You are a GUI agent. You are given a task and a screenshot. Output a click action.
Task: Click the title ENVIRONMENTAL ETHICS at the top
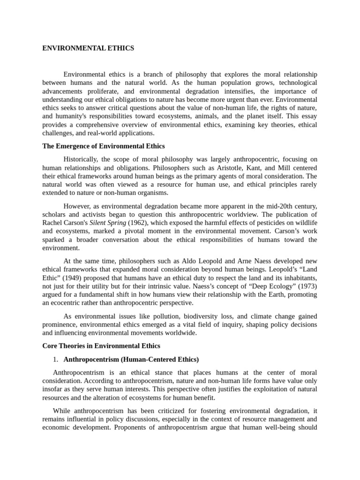(x=88, y=48)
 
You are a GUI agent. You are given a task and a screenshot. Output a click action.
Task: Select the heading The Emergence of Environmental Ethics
(x=103, y=146)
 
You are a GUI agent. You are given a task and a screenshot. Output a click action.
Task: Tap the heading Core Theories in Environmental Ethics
(x=101, y=346)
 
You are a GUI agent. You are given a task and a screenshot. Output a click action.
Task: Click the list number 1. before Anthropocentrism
(x=55, y=360)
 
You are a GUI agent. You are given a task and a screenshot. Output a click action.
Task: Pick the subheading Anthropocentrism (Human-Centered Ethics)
(x=131, y=360)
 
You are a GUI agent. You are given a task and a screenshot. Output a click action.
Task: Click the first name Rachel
(x=52, y=223)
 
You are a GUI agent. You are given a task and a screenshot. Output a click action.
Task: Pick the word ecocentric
(x=71, y=303)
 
